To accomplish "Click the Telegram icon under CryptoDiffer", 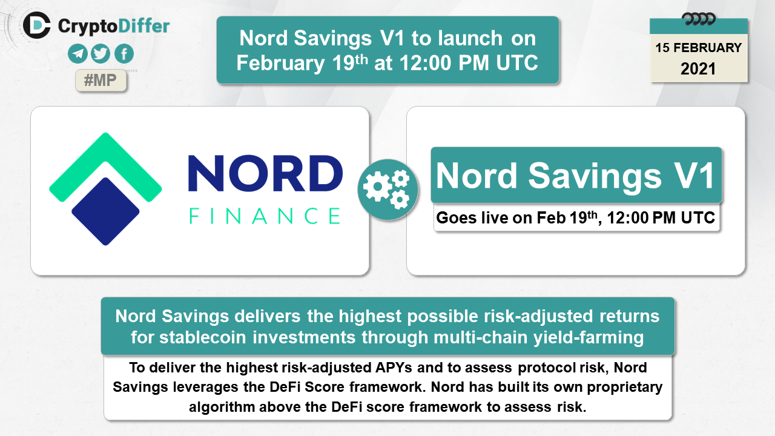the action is pos(77,54).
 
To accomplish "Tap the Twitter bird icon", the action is pos(101,54).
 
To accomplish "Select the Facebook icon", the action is pos(124,54).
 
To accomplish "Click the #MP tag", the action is pos(101,81).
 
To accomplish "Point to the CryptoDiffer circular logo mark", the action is pos(37,25).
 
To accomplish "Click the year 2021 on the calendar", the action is pos(698,69).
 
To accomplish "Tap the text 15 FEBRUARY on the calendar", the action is pos(699,48).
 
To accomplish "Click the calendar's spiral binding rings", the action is pos(699,19).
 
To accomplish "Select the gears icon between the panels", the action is pos(387,190).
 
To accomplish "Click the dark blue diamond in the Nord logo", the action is pos(105,211).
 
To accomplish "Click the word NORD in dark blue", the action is pos(265,173).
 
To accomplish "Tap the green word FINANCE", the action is pos(265,216).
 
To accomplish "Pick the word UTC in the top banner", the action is pos(517,63).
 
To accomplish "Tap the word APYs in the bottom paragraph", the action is pos(394,368).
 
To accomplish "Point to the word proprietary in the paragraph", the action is pos(624,388).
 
